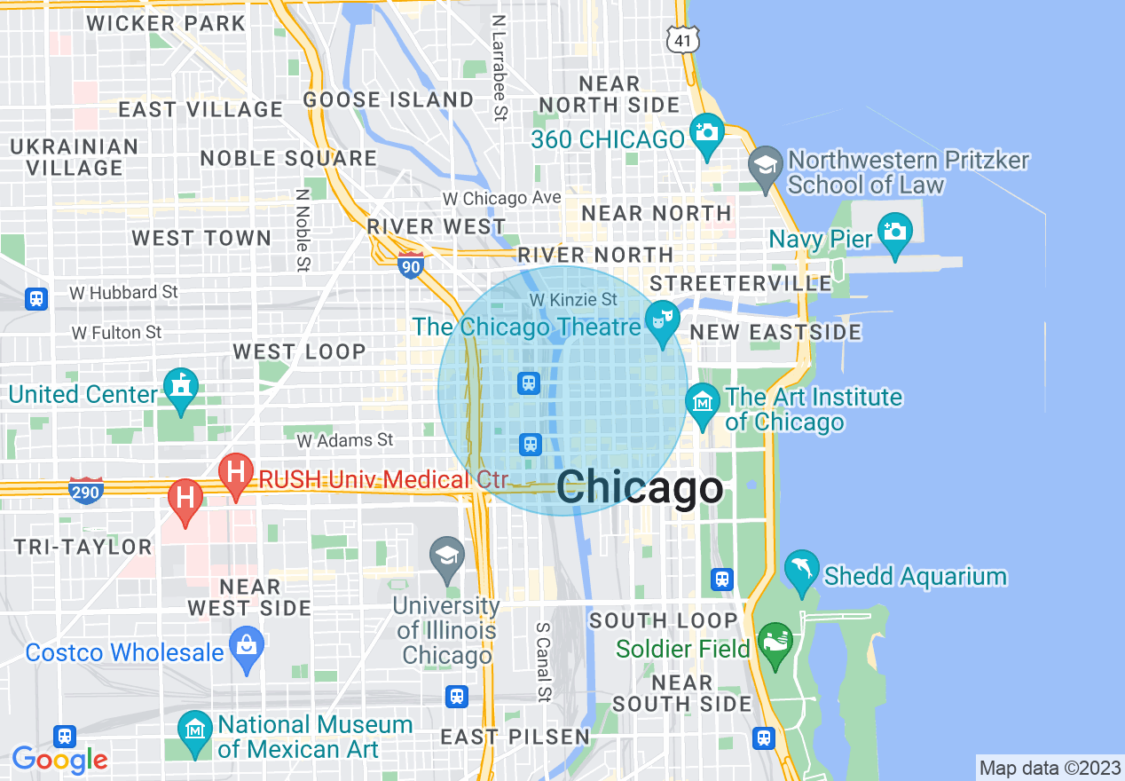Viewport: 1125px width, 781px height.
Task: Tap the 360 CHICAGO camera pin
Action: click(x=707, y=133)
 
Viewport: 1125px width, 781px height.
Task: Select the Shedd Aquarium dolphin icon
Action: click(x=802, y=570)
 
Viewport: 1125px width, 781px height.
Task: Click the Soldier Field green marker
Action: click(x=775, y=643)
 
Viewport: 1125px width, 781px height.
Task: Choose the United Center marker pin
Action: click(x=181, y=388)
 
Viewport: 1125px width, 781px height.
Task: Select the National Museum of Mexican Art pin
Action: click(x=194, y=730)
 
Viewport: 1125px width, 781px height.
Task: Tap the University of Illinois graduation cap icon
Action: click(x=446, y=556)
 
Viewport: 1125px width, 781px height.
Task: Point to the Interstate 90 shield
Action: click(x=410, y=264)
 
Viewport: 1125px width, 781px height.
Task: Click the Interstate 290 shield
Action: click(x=86, y=489)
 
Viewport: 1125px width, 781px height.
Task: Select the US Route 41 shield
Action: click(x=683, y=38)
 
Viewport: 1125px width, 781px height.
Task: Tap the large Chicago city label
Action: click(x=640, y=489)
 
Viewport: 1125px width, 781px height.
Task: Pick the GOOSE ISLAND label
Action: click(x=389, y=99)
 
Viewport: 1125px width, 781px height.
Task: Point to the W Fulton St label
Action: click(x=117, y=332)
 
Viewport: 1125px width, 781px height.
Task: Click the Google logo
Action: click(x=59, y=760)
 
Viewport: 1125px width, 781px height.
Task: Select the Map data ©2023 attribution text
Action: click(x=1048, y=768)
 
